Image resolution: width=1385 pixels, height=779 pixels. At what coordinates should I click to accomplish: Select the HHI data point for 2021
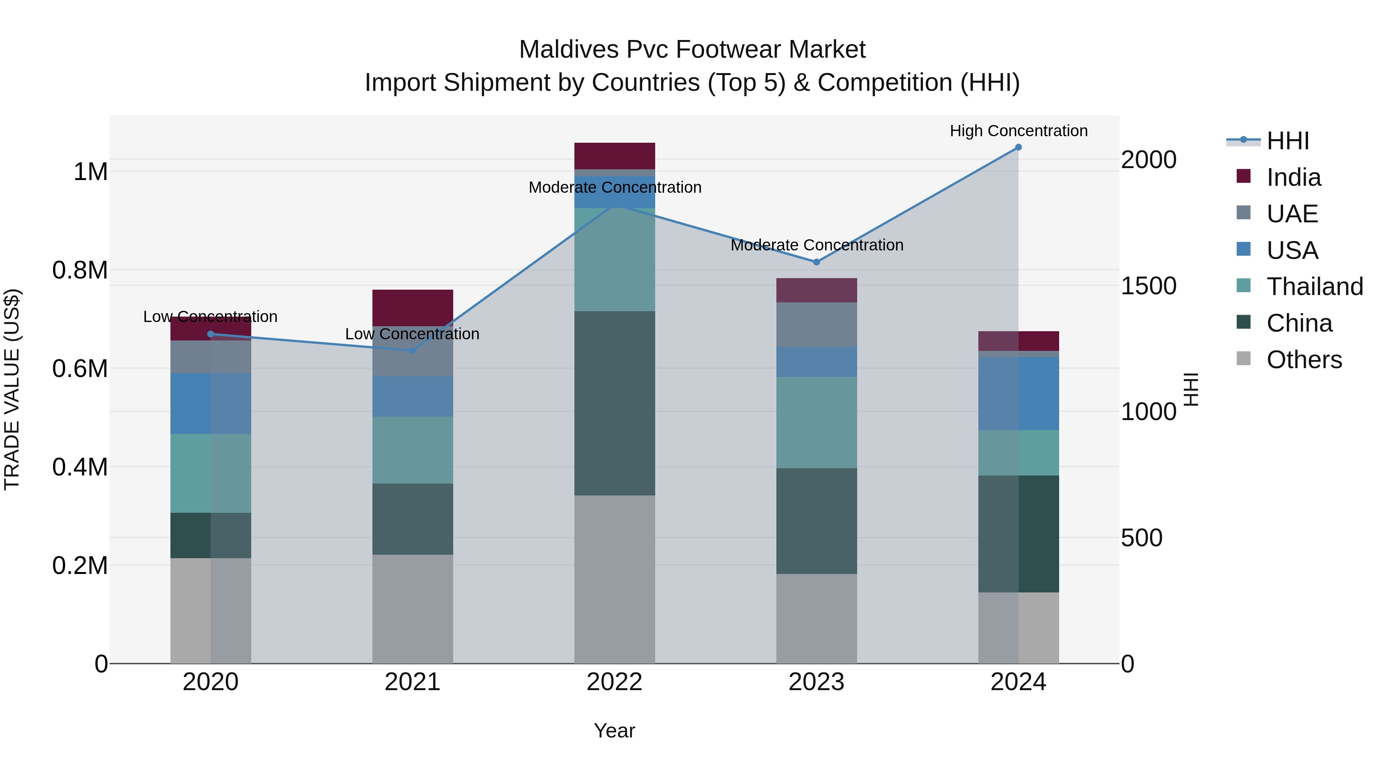click(x=412, y=350)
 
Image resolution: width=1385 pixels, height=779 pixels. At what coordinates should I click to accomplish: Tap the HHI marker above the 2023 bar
click(x=816, y=262)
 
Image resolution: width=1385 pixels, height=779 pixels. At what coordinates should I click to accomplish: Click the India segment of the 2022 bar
click(x=614, y=156)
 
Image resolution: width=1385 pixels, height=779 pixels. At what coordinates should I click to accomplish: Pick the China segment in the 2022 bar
click(x=614, y=403)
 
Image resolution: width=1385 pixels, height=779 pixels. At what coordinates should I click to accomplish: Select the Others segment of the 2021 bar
click(x=412, y=609)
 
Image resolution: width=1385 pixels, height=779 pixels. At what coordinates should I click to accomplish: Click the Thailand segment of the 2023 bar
click(x=816, y=422)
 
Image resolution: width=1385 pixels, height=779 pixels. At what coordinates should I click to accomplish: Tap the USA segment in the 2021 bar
click(x=412, y=396)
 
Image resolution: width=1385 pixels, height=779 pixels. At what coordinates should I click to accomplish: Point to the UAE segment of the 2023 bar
click(x=816, y=325)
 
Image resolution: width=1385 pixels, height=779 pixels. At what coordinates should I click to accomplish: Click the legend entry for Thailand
click(x=1314, y=287)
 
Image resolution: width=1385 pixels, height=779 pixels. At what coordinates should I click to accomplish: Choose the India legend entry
click(x=1293, y=177)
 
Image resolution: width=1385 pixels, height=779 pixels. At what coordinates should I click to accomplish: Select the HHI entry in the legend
click(x=1287, y=141)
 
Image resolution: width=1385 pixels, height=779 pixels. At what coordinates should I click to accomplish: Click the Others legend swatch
click(x=1243, y=359)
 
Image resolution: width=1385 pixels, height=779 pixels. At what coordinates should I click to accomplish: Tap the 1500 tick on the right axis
click(x=1148, y=286)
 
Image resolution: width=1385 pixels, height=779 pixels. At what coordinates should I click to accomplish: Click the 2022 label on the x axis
click(x=614, y=682)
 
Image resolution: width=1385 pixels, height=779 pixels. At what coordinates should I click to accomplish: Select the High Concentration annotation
click(x=1018, y=131)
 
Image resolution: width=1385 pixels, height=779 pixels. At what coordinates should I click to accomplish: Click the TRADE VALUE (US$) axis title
click(x=12, y=389)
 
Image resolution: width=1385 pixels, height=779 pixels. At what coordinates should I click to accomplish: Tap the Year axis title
click(x=614, y=731)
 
